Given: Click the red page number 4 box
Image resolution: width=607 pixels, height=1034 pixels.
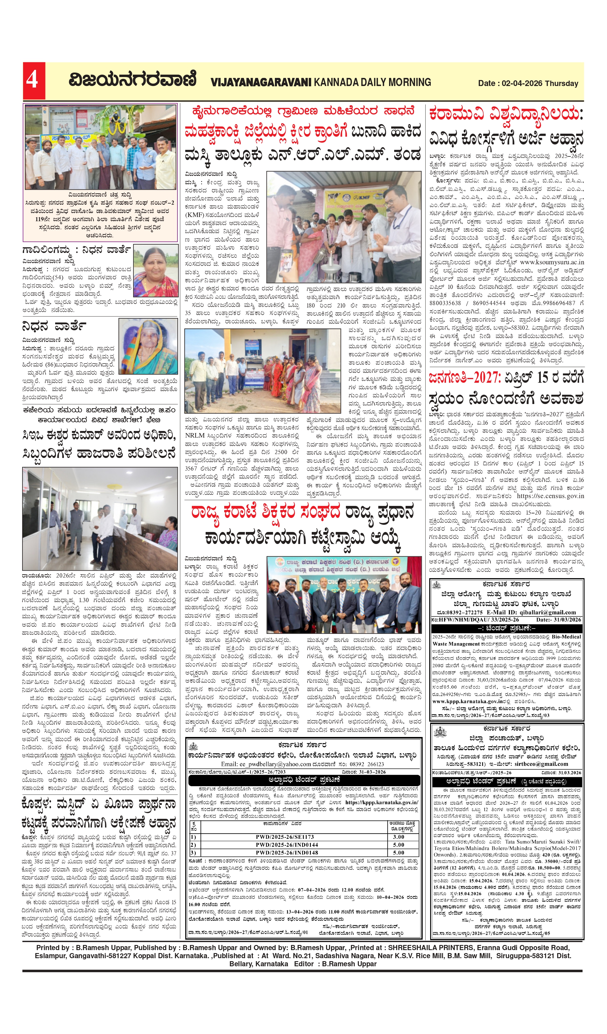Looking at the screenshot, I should (x=34, y=81).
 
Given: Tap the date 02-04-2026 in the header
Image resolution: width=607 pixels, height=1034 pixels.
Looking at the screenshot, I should (x=522, y=83).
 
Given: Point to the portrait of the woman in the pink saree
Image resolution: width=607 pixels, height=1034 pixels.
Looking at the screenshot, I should (x=156, y=271).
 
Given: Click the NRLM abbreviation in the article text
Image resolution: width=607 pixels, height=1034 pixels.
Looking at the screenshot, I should (x=195, y=436).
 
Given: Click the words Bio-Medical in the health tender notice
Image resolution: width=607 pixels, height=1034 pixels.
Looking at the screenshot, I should (x=566, y=637).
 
